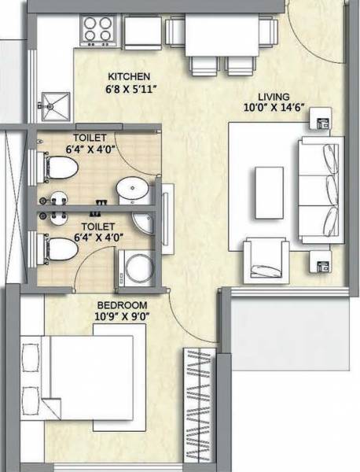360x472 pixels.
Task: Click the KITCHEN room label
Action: click(x=129, y=76)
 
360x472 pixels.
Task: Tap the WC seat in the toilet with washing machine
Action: click(x=59, y=250)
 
